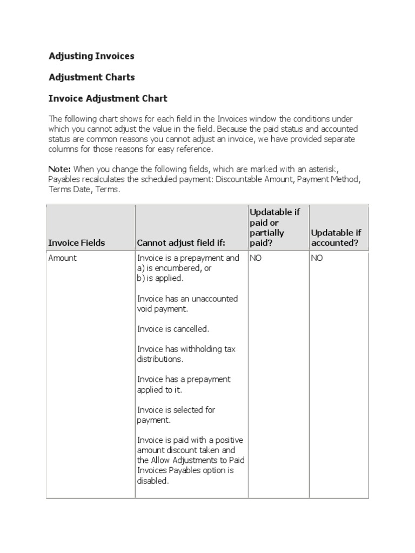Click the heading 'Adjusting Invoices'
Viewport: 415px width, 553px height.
pyautogui.click(x=91, y=56)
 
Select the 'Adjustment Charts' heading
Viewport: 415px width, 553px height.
pyautogui.click(x=91, y=77)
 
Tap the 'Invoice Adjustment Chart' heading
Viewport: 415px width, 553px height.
pyautogui.click(x=108, y=99)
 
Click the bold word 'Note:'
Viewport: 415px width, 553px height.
pyautogui.click(x=59, y=168)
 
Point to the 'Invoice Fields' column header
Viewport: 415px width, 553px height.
pyautogui.click(x=76, y=243)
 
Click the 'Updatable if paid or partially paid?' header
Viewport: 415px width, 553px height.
pyautogui.click(x=275, y=227)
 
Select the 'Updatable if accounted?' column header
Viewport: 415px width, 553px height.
pyautogui.click(x=336, y=238)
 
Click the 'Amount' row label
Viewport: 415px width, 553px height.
pyautogui.click(x=63, y=258)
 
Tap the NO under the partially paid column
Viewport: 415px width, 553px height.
pyautogui.click(x=255, y=258)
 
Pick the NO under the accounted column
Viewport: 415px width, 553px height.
pyautogui.click(x=317, y=258)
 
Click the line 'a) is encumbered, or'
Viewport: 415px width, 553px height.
pyautogui.click(x=174, y=268)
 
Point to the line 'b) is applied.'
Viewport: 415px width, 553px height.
pyautogui.click(x=160, y=279)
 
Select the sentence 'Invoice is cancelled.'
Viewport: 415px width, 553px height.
pyautogui.click(x=173, y=329)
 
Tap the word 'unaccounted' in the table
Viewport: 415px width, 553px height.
pyautogui.click(x=215, y=299)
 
